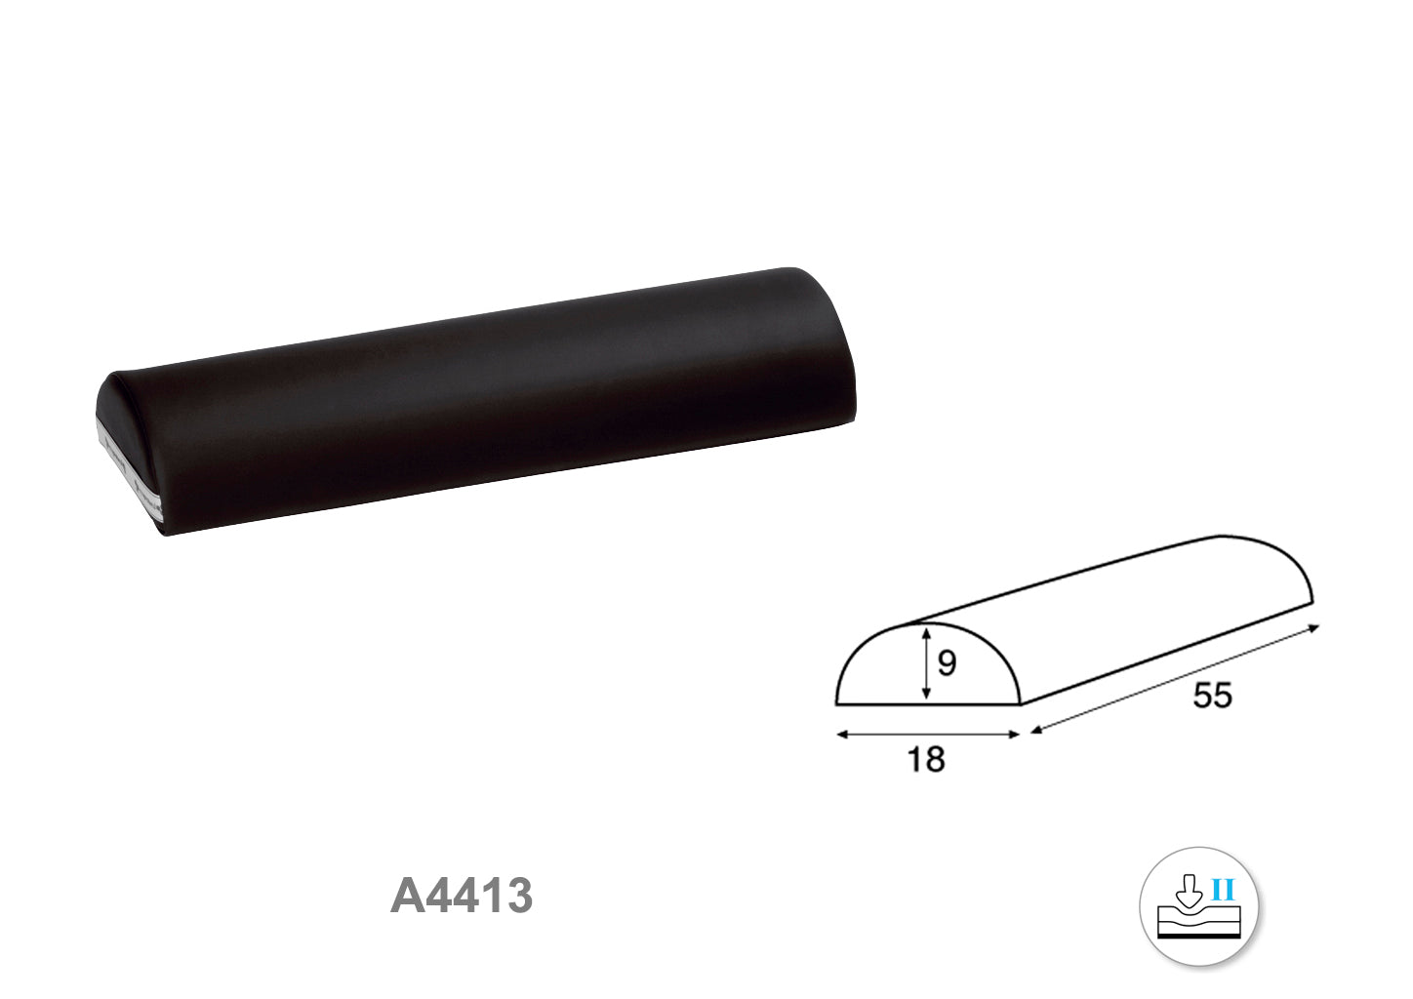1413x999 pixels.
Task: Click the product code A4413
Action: point(462,897)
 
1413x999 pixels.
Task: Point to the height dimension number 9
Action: point(947,662)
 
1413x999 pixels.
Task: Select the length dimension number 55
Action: point(1212,695)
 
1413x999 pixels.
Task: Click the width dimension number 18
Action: point(926,759)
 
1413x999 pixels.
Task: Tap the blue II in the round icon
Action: point(1223,890)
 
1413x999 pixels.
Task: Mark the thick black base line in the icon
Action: point(1198,937)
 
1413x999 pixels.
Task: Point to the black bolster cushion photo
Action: point(476,402)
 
